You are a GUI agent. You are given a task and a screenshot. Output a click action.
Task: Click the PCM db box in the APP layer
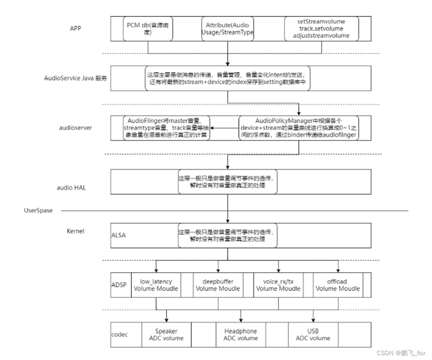click(x=148, y=29)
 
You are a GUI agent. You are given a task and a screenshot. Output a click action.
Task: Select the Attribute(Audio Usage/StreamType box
click(x=228, y=29)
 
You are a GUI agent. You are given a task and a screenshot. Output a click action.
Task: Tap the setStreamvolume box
click(x=322, y=29)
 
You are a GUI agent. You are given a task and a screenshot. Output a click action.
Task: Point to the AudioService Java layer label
click(x=75, y=78)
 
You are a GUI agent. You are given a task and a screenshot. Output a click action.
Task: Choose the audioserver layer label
click(x=75, y=128)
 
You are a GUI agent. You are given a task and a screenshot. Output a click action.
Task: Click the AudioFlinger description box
click(x=165, y=128)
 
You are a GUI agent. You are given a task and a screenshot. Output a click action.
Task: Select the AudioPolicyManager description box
click(x=298, y=128)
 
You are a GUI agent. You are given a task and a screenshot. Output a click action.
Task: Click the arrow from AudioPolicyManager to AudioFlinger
click(x=223, y=128)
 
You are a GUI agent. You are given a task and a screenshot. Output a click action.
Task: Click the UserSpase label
click(x=39, y=210)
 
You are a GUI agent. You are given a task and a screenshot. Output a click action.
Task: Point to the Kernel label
click(x=75, y=231)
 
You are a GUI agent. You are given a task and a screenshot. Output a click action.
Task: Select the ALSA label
click(x=118, y=235)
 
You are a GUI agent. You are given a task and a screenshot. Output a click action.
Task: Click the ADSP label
click(x=119, y=285)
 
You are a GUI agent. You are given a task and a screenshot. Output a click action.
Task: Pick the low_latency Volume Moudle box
click(x=156, y=285)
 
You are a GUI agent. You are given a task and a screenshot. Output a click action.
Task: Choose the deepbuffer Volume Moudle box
click(x=218, y=285)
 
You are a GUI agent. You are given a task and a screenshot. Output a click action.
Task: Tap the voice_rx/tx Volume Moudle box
click(x=278, y=285)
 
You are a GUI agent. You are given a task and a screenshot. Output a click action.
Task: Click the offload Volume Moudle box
click(x=337, y=285)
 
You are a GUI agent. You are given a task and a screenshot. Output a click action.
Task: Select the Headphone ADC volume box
click(x=241, y=335)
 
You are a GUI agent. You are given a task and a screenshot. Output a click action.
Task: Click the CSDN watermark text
click(x=401, y=353)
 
